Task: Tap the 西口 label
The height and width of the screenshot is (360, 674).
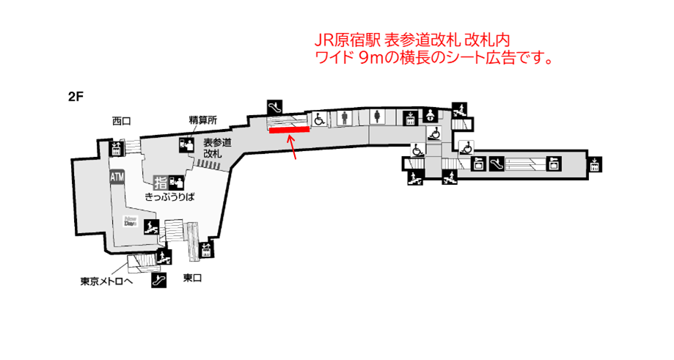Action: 122,120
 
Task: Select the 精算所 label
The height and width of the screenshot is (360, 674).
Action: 199,120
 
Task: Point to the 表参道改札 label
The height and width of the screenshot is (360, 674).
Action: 216,148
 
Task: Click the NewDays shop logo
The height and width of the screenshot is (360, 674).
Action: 132,220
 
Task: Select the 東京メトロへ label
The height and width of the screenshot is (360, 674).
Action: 108,281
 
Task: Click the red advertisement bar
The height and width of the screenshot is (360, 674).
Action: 289,130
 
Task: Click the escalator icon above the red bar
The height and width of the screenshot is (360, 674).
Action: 276,106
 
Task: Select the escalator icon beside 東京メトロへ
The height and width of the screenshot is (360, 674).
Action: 158,281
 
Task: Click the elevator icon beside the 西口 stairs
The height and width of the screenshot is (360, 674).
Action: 115,150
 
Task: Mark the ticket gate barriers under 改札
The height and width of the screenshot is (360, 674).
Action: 210,166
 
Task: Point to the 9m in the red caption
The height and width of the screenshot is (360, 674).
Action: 372,57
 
